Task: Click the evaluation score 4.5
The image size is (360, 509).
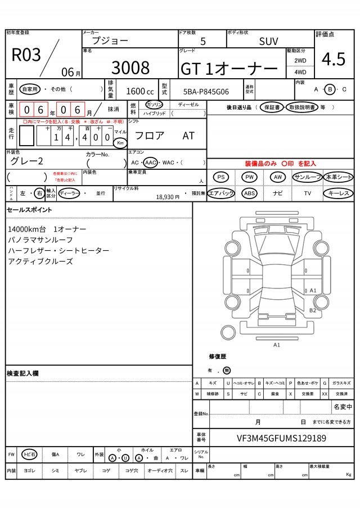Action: (334, 59)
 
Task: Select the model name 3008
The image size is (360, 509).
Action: (130, 67)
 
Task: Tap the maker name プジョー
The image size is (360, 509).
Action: (110, 40)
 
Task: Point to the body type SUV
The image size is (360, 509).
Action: (268, 41)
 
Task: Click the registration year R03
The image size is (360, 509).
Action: (26, 55)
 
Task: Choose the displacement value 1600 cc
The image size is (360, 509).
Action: (139, 91)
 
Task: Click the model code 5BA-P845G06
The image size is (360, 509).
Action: (206, 91)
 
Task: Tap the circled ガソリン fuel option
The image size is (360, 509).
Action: (154, 105)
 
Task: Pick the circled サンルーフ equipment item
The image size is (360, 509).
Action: (307, 177)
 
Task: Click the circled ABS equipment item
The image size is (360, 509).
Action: (249, 193)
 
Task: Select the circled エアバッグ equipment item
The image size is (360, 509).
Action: (221, 193)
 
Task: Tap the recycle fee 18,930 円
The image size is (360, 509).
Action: (167, 197)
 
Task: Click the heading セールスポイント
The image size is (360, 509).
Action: (29, 210)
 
